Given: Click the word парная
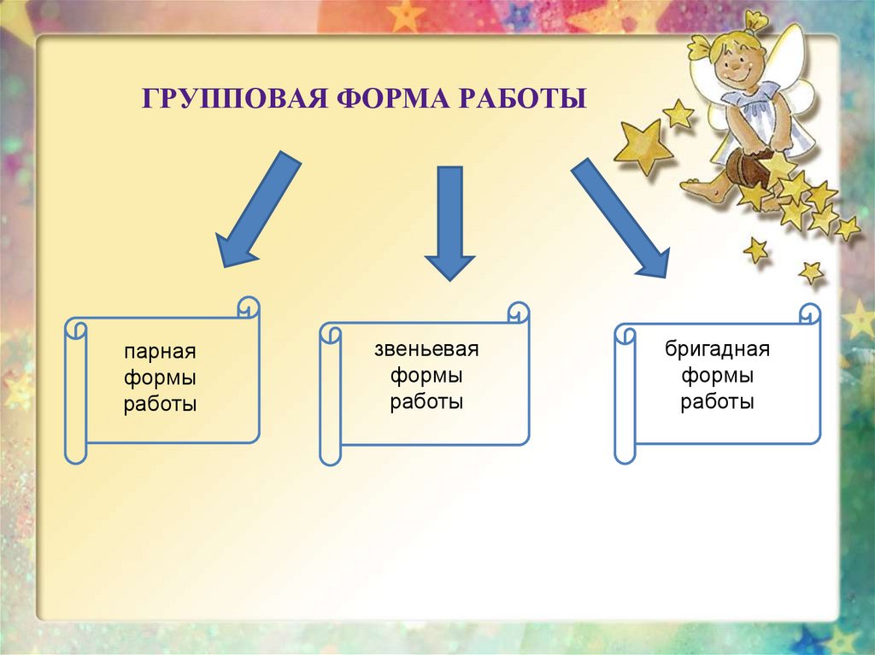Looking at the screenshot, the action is (160, 352).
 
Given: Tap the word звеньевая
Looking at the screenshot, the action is (426, 348).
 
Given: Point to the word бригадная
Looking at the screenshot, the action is (718, 348).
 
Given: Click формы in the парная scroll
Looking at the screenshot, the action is (160, 377).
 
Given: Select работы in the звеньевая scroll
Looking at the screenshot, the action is (426, 401).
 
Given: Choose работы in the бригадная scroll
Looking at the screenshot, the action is (718, 401).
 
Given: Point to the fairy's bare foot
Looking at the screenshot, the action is (699, 189).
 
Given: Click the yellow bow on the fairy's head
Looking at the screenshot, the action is (754, 20).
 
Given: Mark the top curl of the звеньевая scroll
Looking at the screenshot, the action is (518, 310).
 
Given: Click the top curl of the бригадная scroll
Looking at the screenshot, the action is (809, 313).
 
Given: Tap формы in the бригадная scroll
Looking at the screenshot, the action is (718, 375).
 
